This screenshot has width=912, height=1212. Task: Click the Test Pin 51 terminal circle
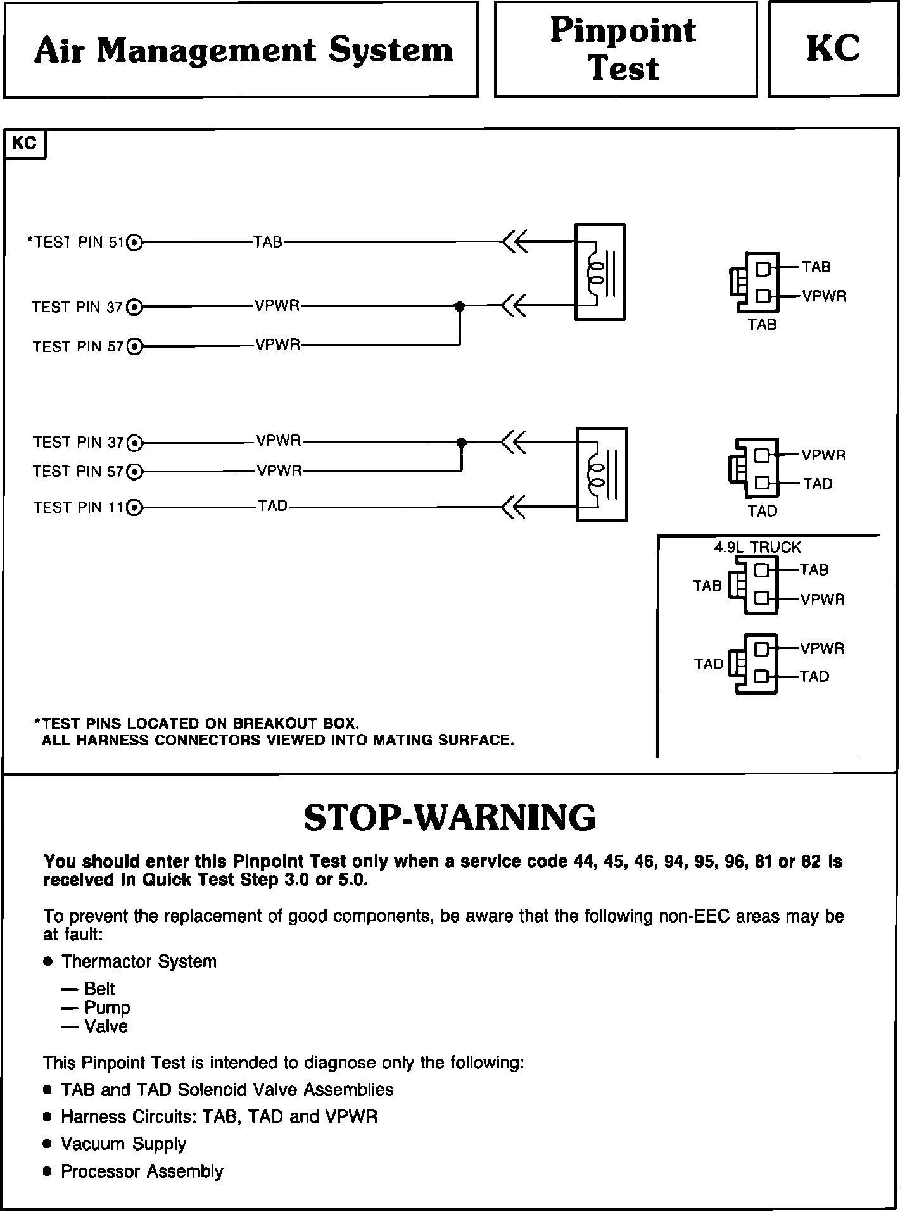click(135, 242)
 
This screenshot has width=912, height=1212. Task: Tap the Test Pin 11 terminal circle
click(135, 507)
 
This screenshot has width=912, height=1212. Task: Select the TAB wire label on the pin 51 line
click(268, 242)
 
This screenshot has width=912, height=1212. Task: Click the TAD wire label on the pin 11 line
click(273, 506)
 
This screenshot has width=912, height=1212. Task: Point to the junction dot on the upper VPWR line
click(460, 306)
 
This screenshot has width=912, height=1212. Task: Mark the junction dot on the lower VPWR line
click(462, 442)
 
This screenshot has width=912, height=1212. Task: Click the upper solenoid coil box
click(600, 272)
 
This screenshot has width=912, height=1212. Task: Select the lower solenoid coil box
click(602, 475)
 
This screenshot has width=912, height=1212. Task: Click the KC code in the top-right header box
click(833, 49)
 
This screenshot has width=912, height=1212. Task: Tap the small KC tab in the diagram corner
click(25, 144)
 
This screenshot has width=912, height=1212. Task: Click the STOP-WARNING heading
click(450, 817)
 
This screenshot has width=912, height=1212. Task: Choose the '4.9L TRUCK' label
click(757, 547)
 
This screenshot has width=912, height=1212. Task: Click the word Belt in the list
click(99, 988)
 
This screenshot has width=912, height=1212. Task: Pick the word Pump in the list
click(107, 1007)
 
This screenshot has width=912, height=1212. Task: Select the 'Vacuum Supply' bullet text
click(123, 1144)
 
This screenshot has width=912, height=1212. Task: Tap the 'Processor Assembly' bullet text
click(142, 1171)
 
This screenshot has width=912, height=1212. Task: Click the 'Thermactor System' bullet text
click(139, 961)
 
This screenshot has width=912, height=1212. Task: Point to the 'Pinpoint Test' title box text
click(624, 49)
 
